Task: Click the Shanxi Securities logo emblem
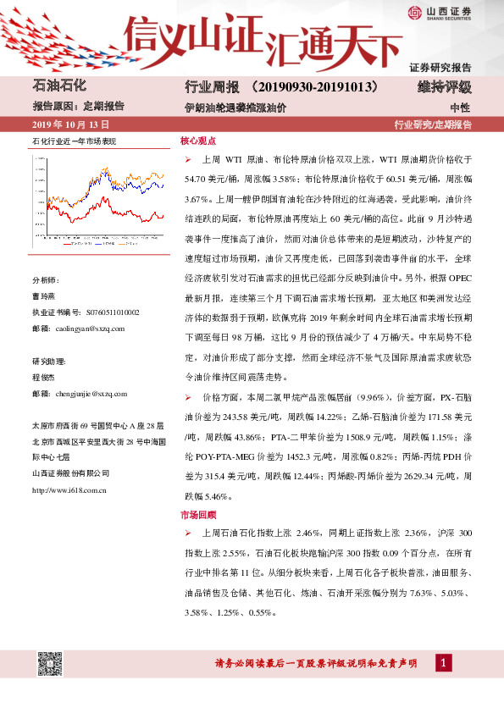click(414, 11)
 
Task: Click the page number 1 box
click(443, 663)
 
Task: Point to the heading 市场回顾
click(198, 514)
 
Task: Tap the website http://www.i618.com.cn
click(69, 489)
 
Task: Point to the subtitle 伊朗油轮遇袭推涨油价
click(235, 108)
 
